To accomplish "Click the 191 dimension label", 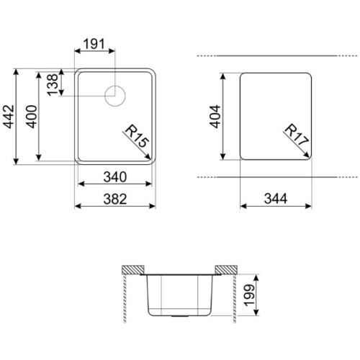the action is pos(94,44).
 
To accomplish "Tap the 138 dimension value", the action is pos(53,85).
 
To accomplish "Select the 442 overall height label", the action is pos(9,117).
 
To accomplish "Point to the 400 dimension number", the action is pos(32,117).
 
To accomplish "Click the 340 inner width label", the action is pos(115,177).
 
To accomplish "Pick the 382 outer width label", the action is pos(115,199).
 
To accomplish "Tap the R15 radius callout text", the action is pos(135,136).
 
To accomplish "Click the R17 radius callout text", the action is pos(297,135).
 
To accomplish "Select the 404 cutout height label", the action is pos(215,117).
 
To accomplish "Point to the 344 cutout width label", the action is pos(276,199).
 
